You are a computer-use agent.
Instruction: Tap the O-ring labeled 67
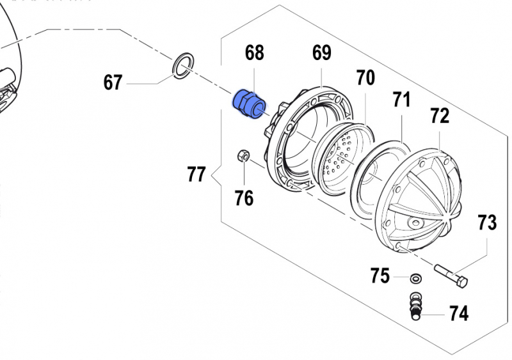[184, 66]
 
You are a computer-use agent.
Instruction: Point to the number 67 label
[113, 83]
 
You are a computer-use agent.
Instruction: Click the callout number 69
[322, 52]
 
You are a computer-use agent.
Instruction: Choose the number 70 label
[365, 79]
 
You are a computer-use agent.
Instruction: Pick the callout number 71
[401, 100]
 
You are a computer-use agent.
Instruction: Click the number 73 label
[486, 223]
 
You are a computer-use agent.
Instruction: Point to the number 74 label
[458, 314]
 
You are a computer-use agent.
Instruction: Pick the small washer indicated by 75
[415, 278]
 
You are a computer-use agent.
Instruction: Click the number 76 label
[244, 198]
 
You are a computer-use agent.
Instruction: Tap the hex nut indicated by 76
[243, 155]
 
